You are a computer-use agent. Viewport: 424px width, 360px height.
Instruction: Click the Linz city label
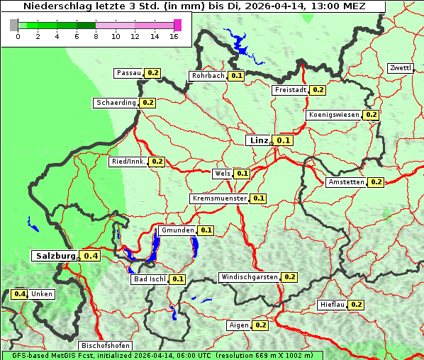click(x=258, y=140)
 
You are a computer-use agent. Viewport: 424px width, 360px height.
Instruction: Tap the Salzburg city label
click(x=55, y=255)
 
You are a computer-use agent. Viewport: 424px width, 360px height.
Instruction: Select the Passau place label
click(x=128, y=73)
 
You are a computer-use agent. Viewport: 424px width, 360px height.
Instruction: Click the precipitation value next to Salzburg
click(x=90, y=256)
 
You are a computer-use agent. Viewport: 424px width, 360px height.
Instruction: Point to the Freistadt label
click(x=289, y=90)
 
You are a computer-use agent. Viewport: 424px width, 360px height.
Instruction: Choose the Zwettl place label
click(x=400, y=68)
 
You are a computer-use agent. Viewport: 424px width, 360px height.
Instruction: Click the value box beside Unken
click(x=20, y=294)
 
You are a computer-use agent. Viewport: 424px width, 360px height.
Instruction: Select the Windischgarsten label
click(x=249, y=277)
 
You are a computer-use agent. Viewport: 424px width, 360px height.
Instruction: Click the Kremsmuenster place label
click(x=219, y=198)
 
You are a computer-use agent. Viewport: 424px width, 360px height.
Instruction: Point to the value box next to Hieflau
click(x=356, y=305)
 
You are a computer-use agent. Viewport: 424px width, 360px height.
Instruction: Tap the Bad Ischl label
click(x=149, y=279)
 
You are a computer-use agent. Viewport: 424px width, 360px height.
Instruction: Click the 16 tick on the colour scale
click(x=174, y=36)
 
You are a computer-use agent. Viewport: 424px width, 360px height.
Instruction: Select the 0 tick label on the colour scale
click(x=18, y=36)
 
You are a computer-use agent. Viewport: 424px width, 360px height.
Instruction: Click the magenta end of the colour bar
click(x=177, y=25)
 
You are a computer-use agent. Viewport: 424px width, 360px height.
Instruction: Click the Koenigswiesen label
click(x=334, y=115)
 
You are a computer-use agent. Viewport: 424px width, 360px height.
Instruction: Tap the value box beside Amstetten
click(x=376, y=182)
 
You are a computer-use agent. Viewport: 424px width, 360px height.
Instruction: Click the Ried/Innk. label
click(x=128, y=162)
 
